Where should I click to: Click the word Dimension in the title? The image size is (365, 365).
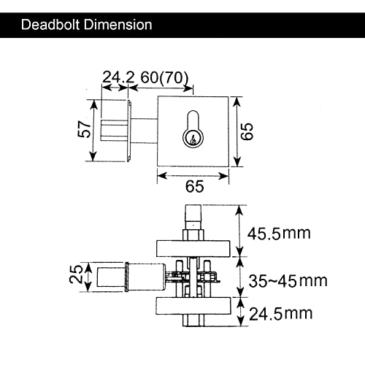point(118,25)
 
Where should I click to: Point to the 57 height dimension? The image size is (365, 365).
point(85,130)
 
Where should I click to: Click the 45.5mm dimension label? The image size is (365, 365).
point(280,234)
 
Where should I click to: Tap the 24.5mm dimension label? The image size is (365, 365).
point(280,315)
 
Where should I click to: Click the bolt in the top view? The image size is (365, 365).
point(115,130)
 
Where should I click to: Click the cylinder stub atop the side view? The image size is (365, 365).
point(193,216)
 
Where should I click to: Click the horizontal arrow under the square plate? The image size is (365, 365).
point(194,174)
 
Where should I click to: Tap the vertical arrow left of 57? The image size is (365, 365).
point(93,131)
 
